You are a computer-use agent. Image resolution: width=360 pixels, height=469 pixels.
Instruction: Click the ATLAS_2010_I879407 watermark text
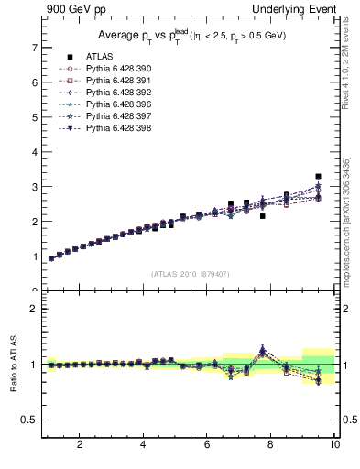189,273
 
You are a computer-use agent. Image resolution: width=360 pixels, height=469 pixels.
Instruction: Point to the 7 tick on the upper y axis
34,47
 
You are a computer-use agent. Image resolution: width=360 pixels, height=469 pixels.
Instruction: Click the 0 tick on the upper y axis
34,290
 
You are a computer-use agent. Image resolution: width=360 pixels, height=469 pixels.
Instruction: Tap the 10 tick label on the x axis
334,445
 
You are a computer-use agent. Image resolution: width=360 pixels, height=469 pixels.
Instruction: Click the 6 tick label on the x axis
207,445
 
